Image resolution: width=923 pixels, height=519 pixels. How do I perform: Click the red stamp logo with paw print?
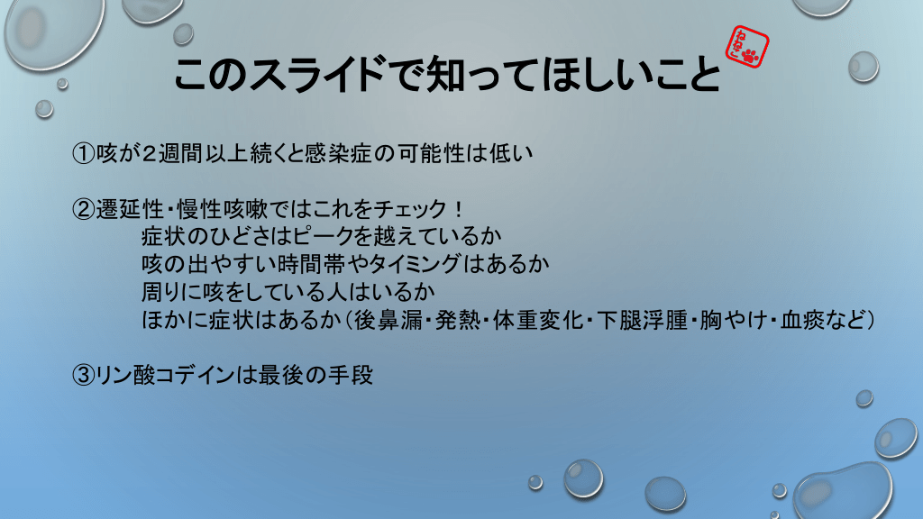[747, 47]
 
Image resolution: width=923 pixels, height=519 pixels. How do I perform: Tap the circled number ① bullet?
[84, 153]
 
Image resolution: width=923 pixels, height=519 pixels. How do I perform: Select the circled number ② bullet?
[84, 209]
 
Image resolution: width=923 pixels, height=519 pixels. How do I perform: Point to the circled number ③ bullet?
[84, 375]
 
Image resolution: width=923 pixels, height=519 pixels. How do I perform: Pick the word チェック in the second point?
[410, 209]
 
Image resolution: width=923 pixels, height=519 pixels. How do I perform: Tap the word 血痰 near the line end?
[803, 320]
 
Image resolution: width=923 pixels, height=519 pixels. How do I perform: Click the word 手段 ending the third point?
[351, 375]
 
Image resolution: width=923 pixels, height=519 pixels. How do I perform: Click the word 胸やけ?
[734, 320]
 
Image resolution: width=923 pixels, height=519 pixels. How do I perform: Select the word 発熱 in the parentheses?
[458, 320]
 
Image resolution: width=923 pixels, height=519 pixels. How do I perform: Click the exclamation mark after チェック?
[459, 209]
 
